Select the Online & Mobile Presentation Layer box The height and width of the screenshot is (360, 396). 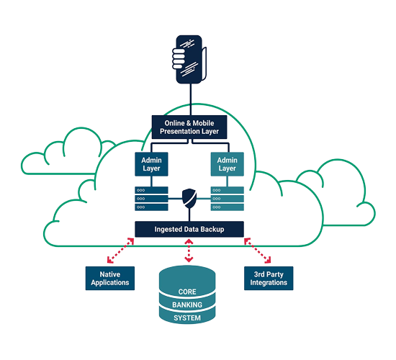(x=189, y=127)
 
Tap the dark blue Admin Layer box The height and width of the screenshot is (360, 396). (x=150, y=163)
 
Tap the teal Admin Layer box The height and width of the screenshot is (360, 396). (x=227, y=163)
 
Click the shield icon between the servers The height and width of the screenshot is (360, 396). (x=189, y=197)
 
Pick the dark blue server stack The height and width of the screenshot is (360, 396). (x=150, y=197)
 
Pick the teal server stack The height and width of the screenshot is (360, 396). (x=227, y=197)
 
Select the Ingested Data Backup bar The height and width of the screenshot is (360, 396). (x=189, y=229)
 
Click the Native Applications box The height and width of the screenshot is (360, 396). (x=110, y=278)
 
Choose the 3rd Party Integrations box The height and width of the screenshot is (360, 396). (x=269, y=278)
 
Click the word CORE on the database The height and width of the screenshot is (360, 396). (x=186, y=292)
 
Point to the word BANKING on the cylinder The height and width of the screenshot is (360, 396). (x=186, y=305)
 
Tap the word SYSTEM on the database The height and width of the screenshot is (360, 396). (x=186, y=318)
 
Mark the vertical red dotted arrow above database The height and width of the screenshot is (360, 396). (x=189, y=250)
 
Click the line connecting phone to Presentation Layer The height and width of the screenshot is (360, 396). (x=189, y=99)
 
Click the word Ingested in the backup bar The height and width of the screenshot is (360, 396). (x=166, y=229)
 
